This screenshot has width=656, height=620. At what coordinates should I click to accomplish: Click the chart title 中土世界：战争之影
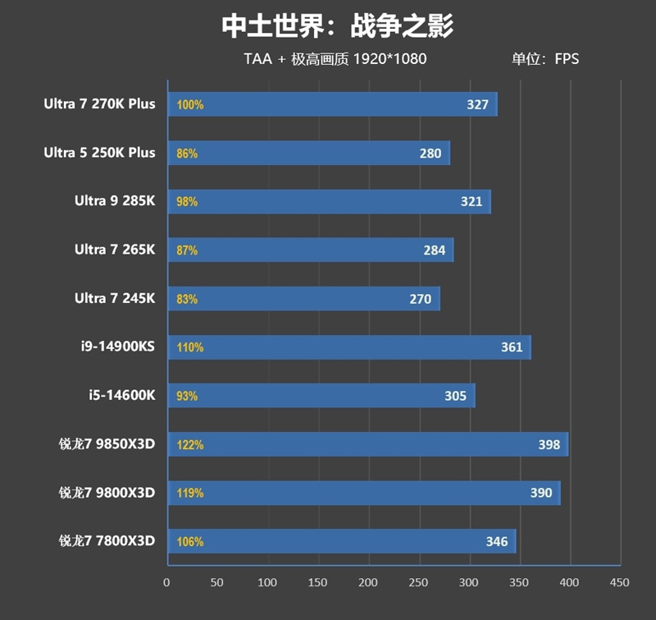[337, 25]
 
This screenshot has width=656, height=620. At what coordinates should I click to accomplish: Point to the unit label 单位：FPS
[545, 59]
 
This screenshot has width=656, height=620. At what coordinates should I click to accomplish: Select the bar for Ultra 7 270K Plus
[332, 104]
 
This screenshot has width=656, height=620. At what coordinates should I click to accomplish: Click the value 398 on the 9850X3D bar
[549, 445]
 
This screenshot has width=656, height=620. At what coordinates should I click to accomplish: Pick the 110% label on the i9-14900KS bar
[190, 347]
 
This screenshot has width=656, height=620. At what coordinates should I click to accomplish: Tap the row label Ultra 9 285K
[115, 201]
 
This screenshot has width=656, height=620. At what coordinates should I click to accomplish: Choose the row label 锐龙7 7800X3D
[107, 541]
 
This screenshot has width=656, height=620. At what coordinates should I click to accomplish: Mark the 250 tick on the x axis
[418, 582]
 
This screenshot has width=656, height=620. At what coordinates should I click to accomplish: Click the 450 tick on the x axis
[619, 582]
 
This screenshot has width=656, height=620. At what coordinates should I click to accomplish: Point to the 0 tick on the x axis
[167, 582]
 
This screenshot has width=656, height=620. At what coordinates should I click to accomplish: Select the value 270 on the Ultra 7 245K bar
[421, 299]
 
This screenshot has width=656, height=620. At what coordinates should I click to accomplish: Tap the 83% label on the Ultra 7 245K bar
[187, 299]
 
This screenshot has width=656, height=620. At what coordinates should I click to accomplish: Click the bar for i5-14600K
[321, 396]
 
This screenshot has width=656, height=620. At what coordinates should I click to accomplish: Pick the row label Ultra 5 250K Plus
[99, 153]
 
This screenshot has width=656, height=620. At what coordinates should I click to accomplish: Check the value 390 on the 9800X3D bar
[541, 494]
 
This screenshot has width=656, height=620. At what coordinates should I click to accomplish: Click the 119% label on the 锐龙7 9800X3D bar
[190, 494]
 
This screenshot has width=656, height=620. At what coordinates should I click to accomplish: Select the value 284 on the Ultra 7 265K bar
[435, 250]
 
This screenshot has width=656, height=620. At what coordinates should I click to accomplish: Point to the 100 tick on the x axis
[267, 582]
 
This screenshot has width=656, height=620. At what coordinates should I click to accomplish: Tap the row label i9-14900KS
[121, 347]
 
